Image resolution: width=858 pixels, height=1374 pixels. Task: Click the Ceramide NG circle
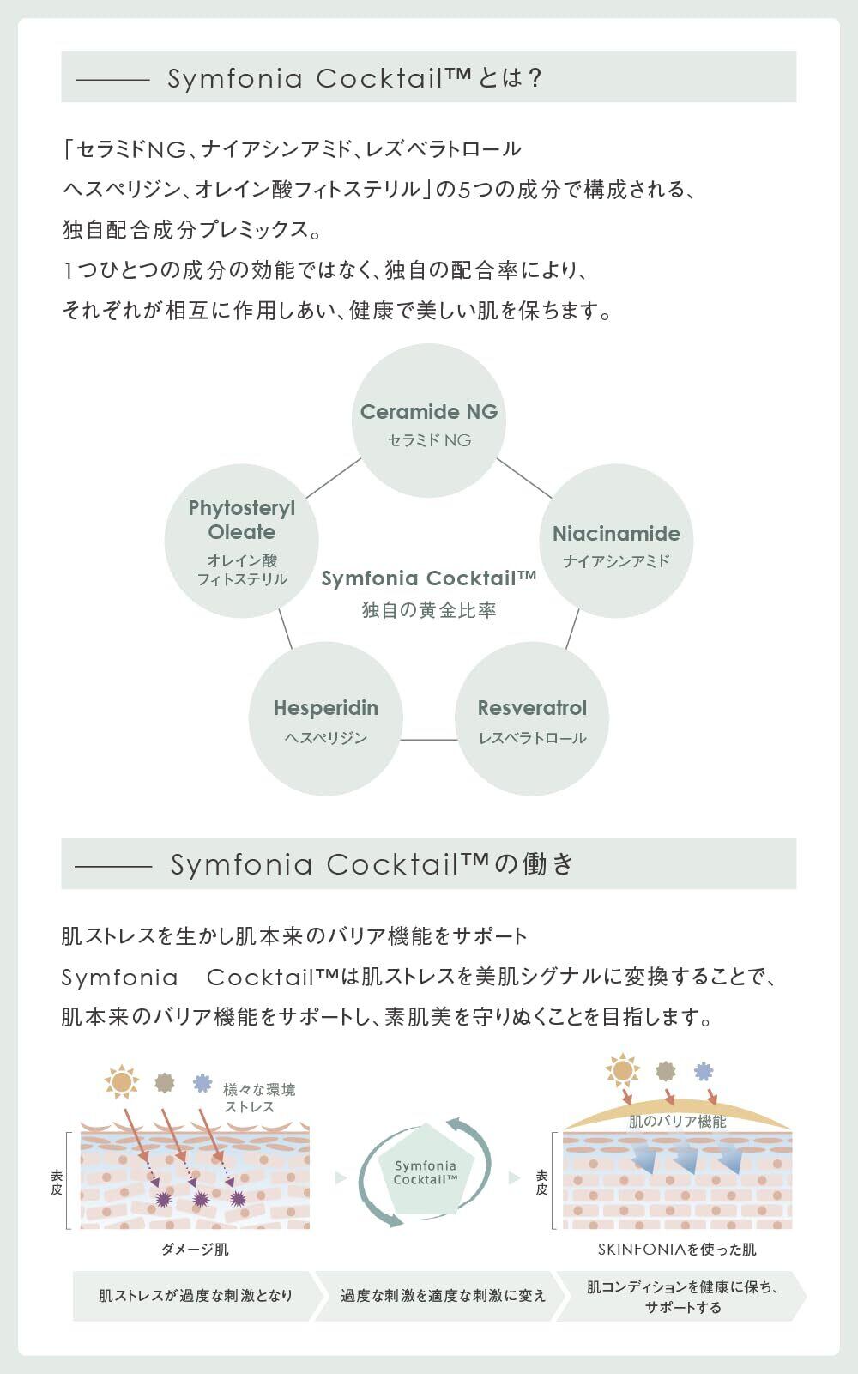428,421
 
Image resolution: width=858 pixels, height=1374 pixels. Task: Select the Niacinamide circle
615,541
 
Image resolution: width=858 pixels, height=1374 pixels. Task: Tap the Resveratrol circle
532,719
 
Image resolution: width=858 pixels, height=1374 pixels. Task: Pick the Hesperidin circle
325,719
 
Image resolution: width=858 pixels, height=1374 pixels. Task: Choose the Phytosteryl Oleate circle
242,541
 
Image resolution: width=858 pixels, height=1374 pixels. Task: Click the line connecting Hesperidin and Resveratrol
428,739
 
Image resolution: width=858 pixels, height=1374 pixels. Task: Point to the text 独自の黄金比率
428,610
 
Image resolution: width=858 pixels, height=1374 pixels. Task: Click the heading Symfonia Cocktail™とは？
354,78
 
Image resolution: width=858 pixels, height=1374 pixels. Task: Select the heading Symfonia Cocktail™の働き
372,863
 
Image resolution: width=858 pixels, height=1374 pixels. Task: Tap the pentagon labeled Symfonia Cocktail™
426,1172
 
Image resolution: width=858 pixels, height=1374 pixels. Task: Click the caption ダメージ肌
196,1249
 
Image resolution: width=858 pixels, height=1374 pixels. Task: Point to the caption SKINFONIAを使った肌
677,1249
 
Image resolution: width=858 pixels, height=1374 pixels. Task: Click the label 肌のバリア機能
677,1121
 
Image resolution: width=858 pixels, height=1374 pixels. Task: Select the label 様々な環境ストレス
258,1098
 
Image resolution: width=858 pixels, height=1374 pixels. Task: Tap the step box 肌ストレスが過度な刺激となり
196,1295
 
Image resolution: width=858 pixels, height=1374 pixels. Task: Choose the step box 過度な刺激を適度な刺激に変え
442,1295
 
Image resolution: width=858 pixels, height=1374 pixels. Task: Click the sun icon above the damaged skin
122,1080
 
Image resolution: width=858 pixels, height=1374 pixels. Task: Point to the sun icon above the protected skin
622,1070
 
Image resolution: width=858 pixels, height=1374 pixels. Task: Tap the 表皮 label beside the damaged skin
57,1183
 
